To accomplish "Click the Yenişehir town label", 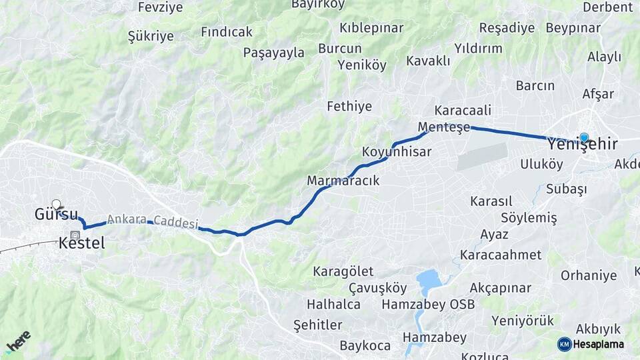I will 582,145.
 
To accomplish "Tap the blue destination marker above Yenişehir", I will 584,137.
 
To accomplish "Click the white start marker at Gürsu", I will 56,204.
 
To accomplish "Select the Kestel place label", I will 81,244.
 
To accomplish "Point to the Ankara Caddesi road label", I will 152,221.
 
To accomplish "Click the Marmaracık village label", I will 343,181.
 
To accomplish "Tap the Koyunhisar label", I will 397,152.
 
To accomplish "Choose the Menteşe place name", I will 444,126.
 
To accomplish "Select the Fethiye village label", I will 349,106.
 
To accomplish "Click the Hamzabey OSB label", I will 428,305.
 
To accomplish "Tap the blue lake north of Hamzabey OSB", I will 429,280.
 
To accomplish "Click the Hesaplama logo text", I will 598,344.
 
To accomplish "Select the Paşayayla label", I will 273,53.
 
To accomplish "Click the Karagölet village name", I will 343,271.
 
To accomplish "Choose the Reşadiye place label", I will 507,28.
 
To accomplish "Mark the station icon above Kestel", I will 75,235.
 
